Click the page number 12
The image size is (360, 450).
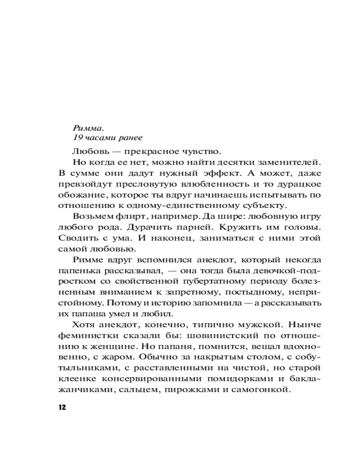tap(62, 408)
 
